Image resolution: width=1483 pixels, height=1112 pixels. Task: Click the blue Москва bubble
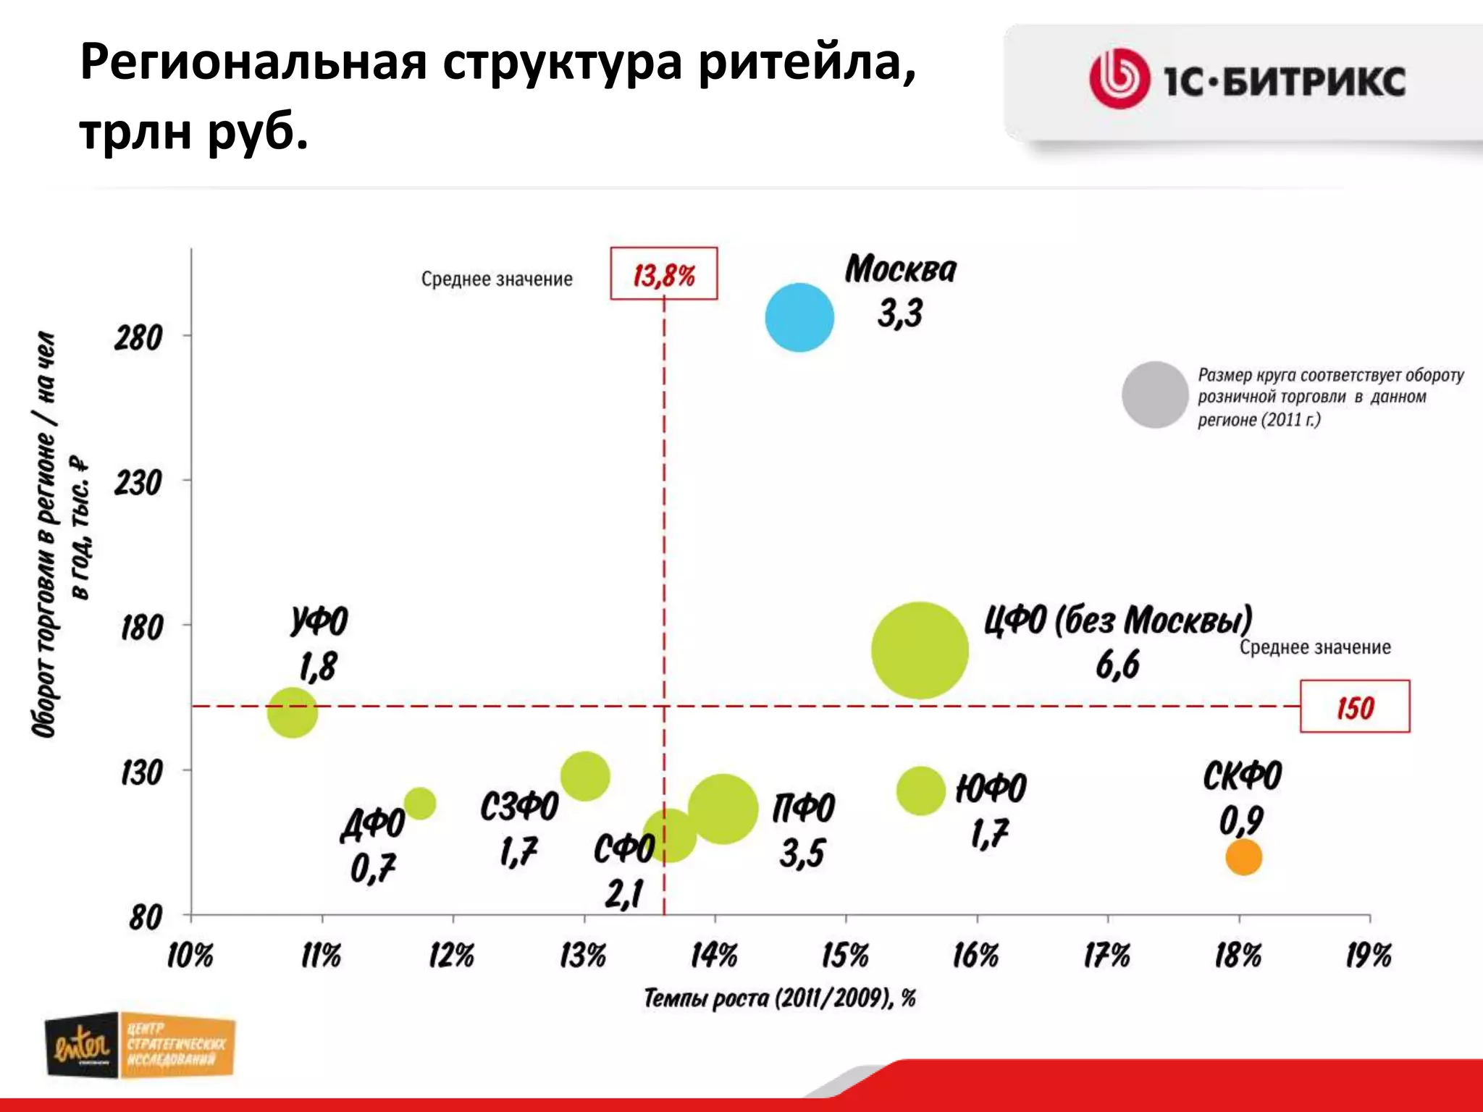(799, 317)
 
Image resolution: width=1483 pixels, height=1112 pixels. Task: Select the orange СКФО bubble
(1243, 856)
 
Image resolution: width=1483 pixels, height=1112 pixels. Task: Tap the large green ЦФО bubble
(920, 650)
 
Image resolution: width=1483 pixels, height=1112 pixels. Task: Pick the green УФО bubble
(293, 712)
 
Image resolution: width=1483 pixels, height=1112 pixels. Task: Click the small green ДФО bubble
(419, 803)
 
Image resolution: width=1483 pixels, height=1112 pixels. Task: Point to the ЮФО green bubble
(920, 791)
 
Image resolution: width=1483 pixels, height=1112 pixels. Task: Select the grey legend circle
(1155, 395)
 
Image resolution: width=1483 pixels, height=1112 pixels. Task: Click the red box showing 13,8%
(663, 274)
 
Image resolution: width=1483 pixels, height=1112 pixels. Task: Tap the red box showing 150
(1354, 707)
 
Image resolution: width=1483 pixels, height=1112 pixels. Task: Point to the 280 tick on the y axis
(138, 337)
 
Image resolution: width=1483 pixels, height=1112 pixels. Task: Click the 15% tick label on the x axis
(845, 956)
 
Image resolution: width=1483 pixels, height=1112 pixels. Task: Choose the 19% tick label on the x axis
(1368, 956)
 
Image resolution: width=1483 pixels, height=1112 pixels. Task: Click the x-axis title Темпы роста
(779, 998)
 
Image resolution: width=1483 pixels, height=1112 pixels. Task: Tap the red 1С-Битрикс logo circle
(1119, 78)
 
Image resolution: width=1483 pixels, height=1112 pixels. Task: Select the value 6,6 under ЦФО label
(1117, 665)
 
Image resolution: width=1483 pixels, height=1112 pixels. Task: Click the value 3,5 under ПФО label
(802, 853)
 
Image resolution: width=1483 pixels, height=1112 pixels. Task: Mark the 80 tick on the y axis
(146, 918)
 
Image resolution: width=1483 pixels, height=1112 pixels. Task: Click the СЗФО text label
(519, 806)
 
